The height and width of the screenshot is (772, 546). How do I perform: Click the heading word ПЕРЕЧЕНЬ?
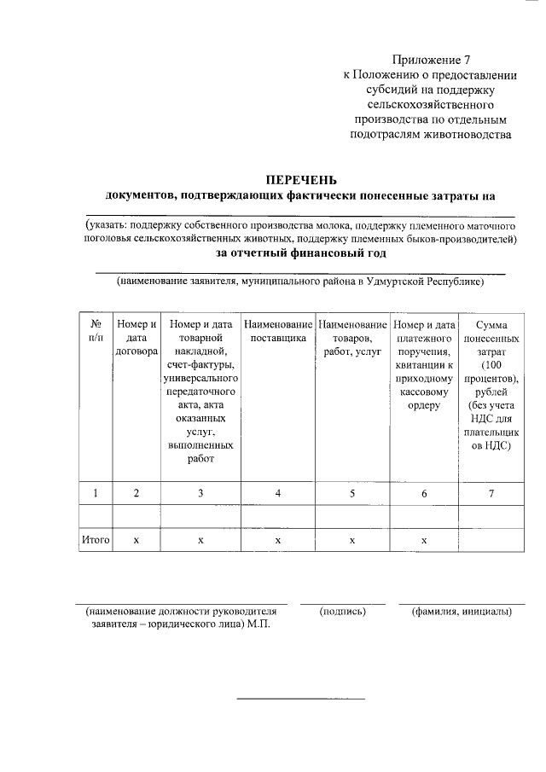[301, 180]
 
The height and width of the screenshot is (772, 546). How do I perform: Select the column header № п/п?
[96, 332]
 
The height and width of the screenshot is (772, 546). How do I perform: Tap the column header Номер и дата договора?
[136, 338]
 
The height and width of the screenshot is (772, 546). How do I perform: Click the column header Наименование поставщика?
[277, 332]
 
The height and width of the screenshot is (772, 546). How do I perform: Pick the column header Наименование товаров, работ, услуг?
[352, 338]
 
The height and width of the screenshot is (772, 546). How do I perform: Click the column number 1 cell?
[96, 493]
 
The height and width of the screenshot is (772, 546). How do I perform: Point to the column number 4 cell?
[278, 493]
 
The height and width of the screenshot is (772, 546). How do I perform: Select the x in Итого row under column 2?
[136, 540]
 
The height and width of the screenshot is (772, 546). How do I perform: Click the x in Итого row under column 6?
[424, 540]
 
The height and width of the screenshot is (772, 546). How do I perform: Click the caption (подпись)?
[342, 612]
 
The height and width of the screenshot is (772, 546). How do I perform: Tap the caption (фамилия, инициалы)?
[461, 612]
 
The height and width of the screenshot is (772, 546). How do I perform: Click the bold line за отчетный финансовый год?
[301, 253]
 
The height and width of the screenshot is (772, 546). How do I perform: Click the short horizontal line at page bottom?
[300, 699]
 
